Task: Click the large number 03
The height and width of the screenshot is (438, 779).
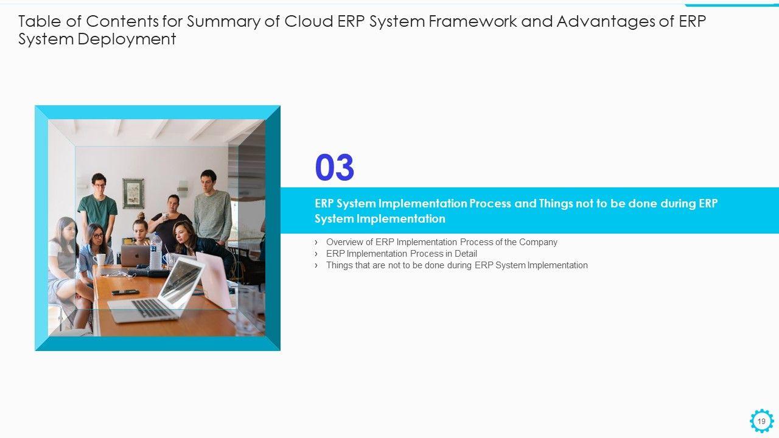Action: tap(335, 167)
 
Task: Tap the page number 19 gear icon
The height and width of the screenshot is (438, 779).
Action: tap(761, 421)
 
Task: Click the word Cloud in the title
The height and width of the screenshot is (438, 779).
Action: tap(309, 21)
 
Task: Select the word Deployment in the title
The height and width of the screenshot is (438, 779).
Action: tap(127, 39)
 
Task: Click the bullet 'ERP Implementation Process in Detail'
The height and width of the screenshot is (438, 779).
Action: tap(401, 254)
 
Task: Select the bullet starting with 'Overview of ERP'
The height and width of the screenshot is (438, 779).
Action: tap(442, 242)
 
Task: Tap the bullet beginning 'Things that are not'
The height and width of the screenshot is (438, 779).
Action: tap(457, 265)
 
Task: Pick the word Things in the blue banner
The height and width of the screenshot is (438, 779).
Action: tap(556, 203)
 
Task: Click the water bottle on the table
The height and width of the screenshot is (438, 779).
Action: tap(156, 251)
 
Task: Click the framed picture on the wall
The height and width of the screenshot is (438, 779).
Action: tap(133, 193)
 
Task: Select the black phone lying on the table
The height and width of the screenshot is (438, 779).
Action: tap(125, 292)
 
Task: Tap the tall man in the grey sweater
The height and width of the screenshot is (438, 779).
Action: tap(212, 207)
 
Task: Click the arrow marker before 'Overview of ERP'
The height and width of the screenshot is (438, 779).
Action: tap(316, 242)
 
